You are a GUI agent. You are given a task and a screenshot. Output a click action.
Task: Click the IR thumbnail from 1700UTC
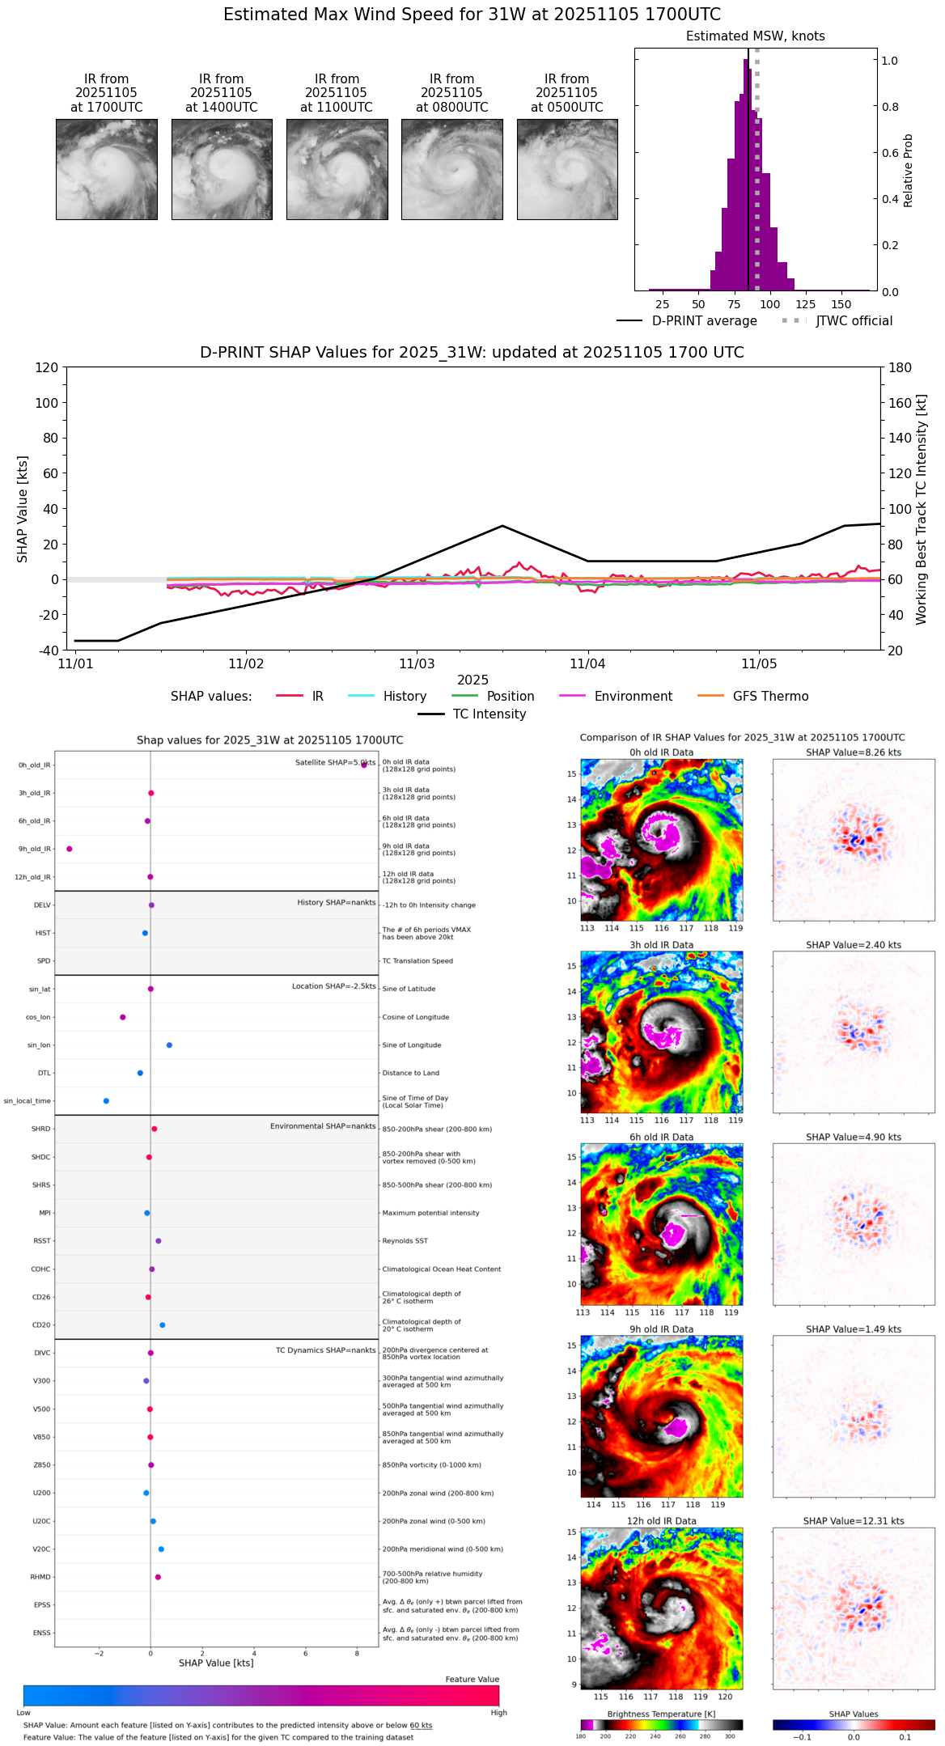tap(106, 169)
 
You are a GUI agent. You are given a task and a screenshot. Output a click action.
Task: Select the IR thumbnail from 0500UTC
tap(567, 169)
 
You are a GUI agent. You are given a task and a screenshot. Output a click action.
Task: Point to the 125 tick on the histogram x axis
tap(805, 304)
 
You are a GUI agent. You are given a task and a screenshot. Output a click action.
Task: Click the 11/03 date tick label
tap(417, 664)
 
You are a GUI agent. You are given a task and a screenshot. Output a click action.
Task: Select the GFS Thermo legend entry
tap(770, 697)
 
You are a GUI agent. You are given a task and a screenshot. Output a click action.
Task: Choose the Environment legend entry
tap(633, 697)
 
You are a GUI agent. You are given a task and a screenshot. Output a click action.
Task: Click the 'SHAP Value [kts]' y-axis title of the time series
tap(23, 509)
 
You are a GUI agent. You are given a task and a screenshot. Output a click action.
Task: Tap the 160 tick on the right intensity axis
tap(901, 403)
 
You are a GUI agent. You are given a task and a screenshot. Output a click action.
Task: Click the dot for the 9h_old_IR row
tap(70, 849)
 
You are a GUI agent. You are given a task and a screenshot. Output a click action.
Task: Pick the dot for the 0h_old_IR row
tap(364, 765)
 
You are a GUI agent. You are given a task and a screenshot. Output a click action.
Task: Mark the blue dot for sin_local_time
tap(106, 1101)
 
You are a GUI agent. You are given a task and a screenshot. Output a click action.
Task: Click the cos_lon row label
tap(39, 1017)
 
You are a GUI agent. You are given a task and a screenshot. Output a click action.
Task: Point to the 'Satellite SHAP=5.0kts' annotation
tap(335, 762)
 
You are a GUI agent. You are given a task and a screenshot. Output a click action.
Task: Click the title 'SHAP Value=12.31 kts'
tap(853, 1521)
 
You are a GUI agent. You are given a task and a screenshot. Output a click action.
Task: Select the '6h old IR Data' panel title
tap(661, 1137)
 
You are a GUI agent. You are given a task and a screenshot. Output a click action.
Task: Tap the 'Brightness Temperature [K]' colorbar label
tap(661, 1714)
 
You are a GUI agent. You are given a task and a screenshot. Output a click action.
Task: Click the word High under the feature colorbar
tap(498, 1712)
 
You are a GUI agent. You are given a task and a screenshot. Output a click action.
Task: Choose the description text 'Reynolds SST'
tap(405, 1240)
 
